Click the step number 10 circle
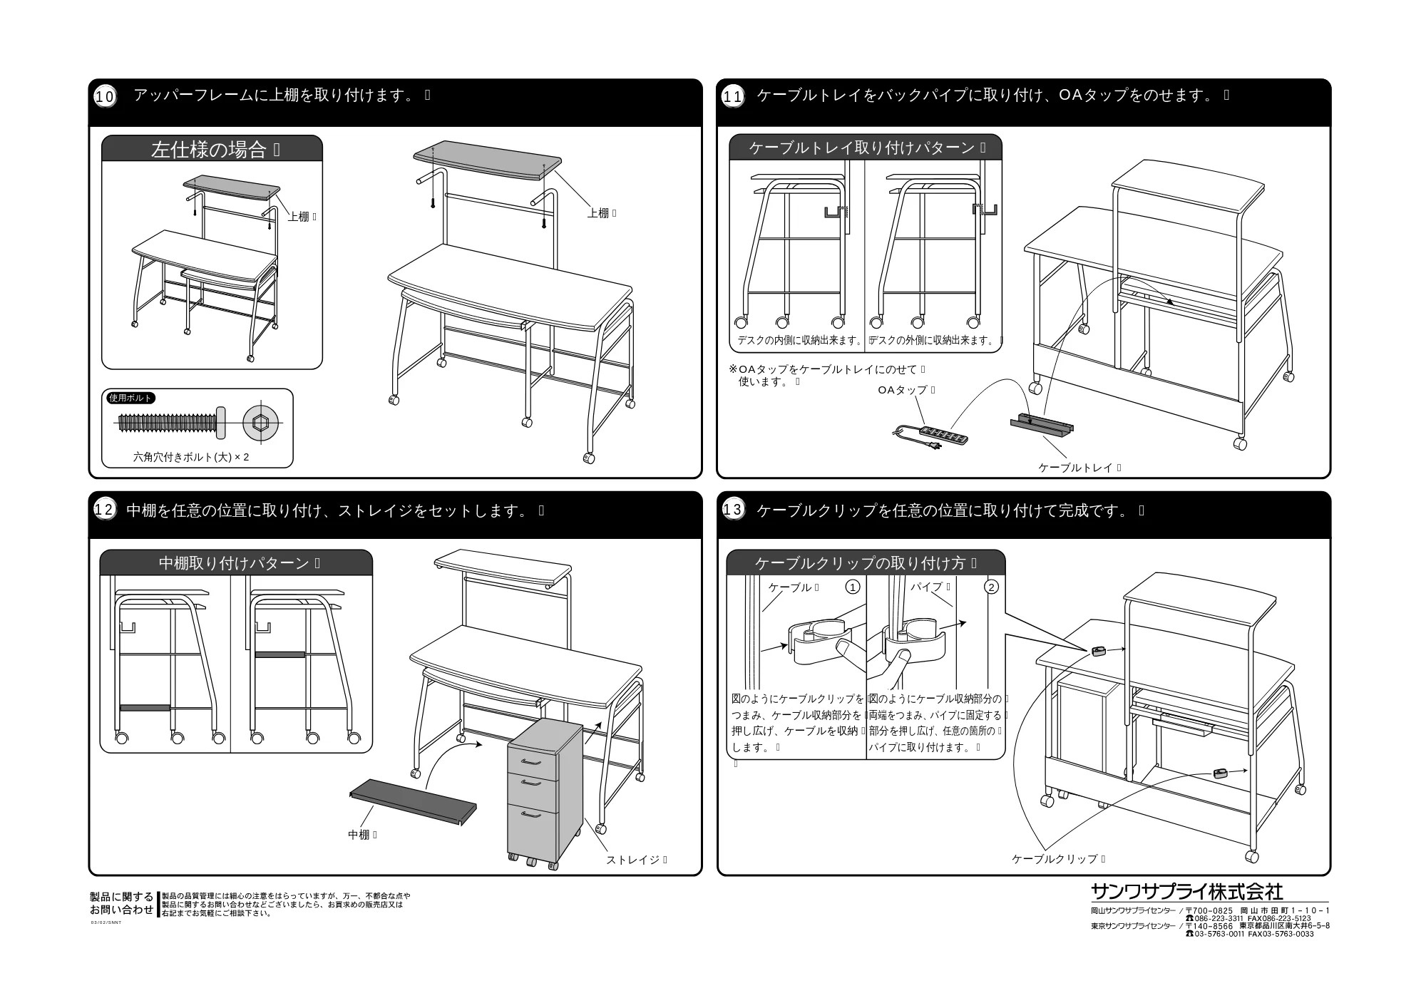point(105,96)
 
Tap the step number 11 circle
point(733,96)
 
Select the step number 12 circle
point(104,510)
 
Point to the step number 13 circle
point(733,510)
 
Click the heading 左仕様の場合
point(208,150)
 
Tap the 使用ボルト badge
point(131,398)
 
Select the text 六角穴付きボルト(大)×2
point(191,457)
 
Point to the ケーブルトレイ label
point(1075,468)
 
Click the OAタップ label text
point(903,390)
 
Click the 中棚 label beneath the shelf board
point(359,834)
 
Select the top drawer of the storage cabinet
point(533,762)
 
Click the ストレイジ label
point(633,860)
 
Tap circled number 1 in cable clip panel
point(852,587)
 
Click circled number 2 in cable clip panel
point(991,587)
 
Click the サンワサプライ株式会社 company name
point(1187,891)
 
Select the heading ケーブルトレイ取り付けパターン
point(862,148)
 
